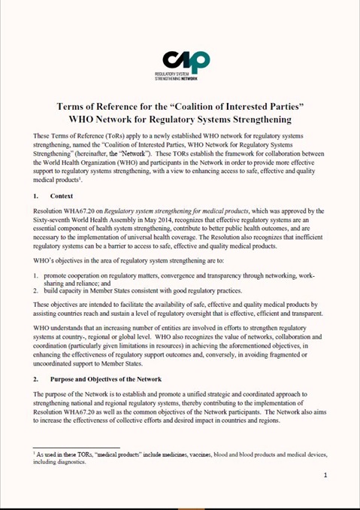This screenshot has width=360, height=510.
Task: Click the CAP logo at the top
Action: coord(186,61)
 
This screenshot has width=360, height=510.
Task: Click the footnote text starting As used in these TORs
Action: coord(180,451)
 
